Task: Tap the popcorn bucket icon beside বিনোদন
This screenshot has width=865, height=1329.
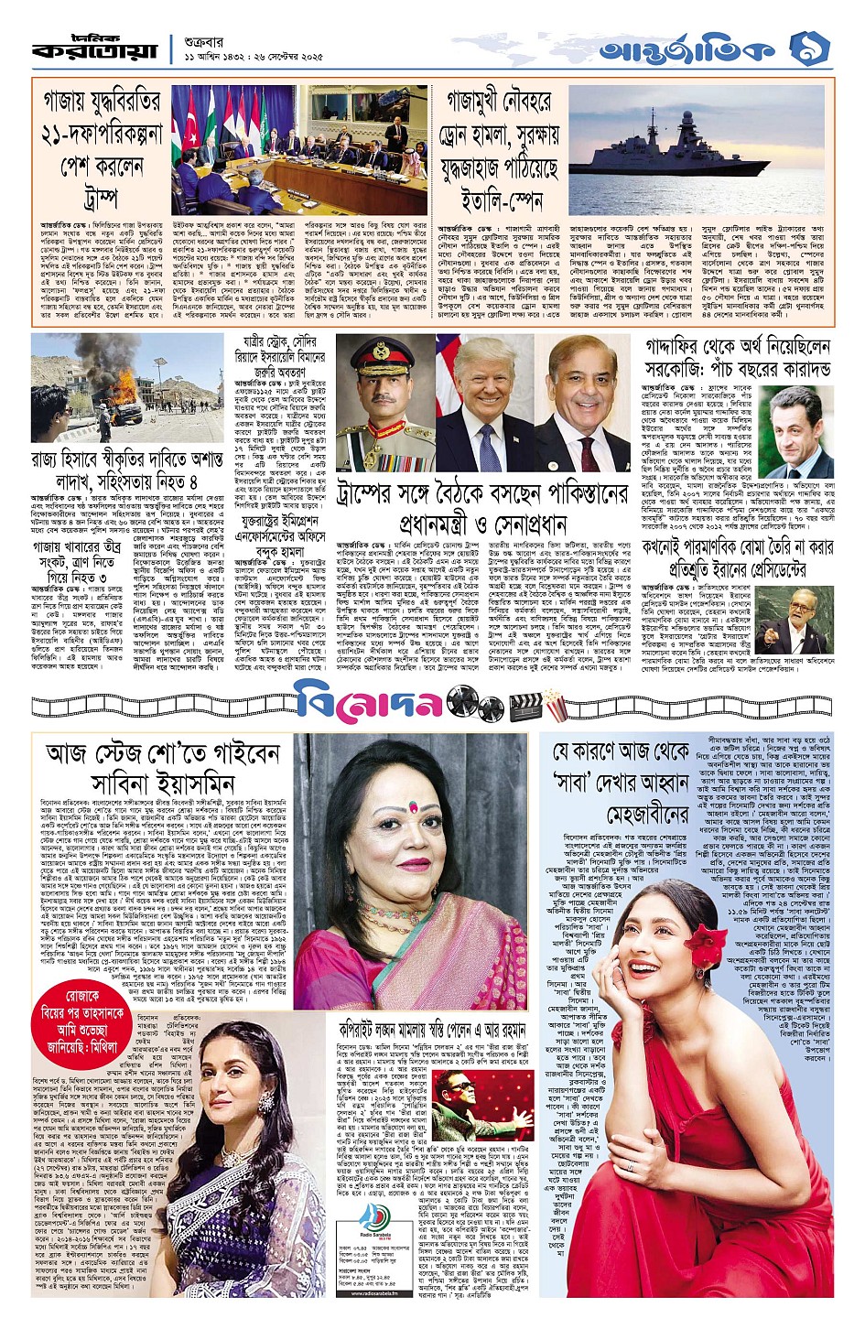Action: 555,705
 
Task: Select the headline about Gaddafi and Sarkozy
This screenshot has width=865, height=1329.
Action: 737,358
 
